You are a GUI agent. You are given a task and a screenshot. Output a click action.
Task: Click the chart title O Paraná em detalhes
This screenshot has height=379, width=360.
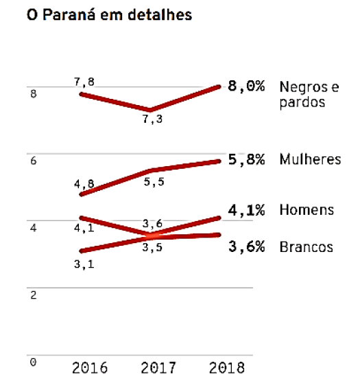[x=108, y=14]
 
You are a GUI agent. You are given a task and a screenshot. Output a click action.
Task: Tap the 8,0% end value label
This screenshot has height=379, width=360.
[x=246, y=88]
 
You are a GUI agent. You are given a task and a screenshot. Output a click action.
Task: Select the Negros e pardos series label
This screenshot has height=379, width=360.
[x=309, y=95]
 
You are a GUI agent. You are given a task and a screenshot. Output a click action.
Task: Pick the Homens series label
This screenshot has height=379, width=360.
[x=307, y=210]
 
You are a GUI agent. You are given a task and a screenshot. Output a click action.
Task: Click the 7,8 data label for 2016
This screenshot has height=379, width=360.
[x=84, y=82]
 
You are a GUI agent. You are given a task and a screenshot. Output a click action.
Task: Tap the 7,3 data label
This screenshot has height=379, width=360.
[x=152, y=119]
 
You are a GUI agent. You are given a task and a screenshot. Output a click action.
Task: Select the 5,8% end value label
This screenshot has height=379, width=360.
[x=246, y=159]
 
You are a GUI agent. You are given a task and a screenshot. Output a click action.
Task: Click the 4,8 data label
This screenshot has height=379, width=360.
[x=83, y=184]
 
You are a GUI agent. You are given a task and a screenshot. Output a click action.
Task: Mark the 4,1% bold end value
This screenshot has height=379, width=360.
[x=246, y=210]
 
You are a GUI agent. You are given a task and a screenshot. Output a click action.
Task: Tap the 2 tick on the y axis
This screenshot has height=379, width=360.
[x=33, y=295]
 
